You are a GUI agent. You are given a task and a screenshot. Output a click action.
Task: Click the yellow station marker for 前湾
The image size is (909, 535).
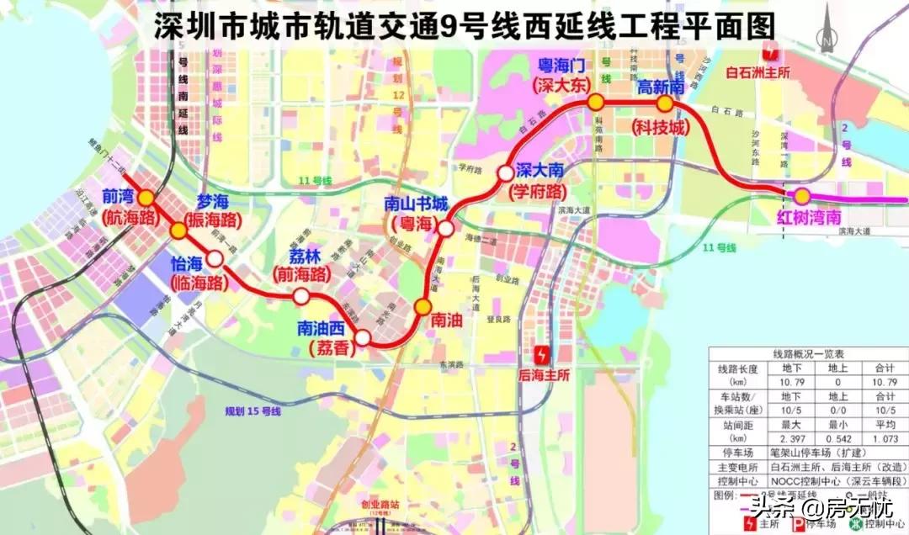[x=146, y=198]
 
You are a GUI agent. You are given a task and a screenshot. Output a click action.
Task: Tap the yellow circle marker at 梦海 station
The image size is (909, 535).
[x=178, y=230]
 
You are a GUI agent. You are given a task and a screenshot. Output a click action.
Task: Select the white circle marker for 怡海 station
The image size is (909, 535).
[x=215, y=258]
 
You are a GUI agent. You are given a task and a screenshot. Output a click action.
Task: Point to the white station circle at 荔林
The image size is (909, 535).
[x=300, y=296]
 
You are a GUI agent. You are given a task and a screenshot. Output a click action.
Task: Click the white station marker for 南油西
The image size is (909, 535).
[x=363, y=337]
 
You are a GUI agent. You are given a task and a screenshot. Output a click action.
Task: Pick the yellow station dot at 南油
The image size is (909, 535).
[x=423, y=306]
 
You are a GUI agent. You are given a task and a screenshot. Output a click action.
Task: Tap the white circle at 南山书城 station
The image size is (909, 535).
[x=446, y=228]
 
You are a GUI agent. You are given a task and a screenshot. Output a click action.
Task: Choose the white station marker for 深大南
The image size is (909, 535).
[x=504, y=172]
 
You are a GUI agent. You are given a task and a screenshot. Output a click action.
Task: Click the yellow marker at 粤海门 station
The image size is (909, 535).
[x=596, y=103]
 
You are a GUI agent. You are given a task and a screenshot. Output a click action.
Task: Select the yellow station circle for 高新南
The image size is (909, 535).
[x=664, y=104]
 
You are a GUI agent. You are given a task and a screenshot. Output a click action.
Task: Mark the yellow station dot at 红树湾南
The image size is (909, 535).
[x=802, y=196]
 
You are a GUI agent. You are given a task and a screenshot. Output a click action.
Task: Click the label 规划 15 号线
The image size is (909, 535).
[x=252, y=411]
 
